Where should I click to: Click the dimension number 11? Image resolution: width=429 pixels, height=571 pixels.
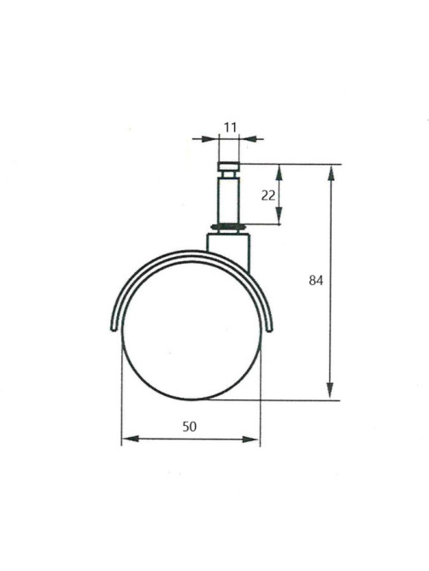231,127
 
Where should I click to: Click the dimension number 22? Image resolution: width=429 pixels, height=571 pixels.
268,195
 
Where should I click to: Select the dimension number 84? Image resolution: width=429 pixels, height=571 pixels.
316,281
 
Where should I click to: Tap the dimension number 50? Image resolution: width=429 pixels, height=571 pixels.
190,426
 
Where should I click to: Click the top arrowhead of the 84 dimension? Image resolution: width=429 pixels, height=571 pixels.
331,172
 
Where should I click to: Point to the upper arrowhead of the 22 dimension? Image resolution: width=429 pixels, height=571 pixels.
279,172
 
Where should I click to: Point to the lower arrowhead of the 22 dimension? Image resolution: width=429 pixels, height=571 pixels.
279,216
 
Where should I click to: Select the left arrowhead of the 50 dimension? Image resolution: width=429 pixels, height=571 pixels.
130,439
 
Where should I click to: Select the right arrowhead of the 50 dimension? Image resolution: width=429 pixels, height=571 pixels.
250,439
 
